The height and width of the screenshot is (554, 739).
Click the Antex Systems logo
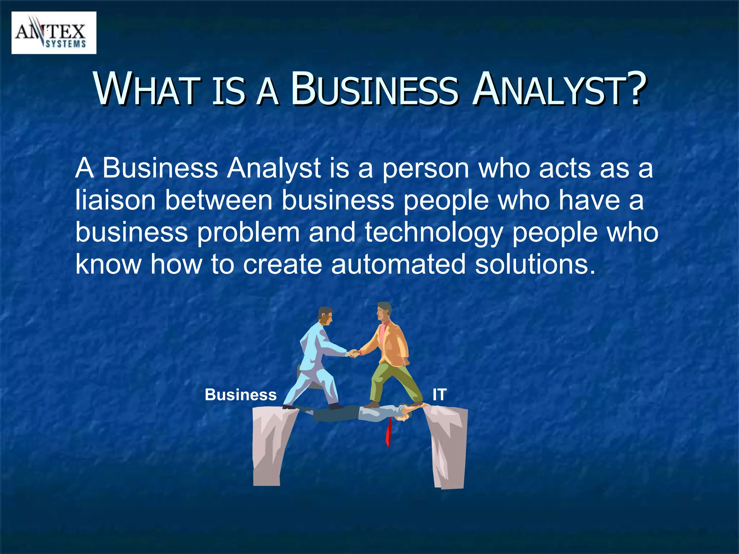coord(54,33)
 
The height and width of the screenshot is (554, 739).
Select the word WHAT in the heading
coord(148,89)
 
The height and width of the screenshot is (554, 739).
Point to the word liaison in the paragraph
coord(115,201)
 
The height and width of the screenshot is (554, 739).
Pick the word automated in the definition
coord(398,264)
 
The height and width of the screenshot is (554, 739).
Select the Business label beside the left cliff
coord(241,395)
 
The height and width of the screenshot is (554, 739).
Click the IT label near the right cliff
coord(440,395)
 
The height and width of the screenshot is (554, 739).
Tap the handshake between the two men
coord(354,353)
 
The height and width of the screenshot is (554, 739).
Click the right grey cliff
coord(447,447)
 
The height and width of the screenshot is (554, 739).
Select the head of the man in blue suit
coord(325,316)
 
